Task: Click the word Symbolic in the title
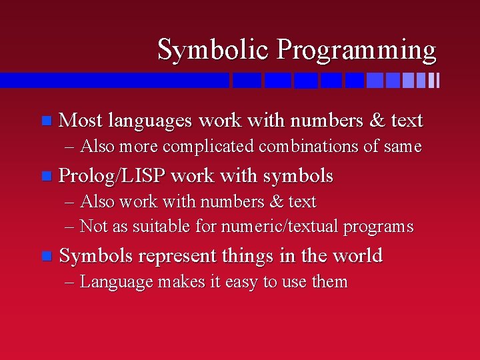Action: (x=213, y=50)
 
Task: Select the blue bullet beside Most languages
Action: (x=47, y=120)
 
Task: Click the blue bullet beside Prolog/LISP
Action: (x=47, y=176)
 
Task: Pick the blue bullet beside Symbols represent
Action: (x=47, y=256)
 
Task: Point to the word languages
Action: (x=150, y=121)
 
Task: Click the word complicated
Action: (x=208, y=147)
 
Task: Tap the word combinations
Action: (x=308, y=146)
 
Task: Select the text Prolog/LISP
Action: (x=112, y=176)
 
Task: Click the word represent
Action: (x=177, y=256)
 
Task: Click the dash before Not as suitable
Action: (x=69, y=227)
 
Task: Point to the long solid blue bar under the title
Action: (x=115, y=80)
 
